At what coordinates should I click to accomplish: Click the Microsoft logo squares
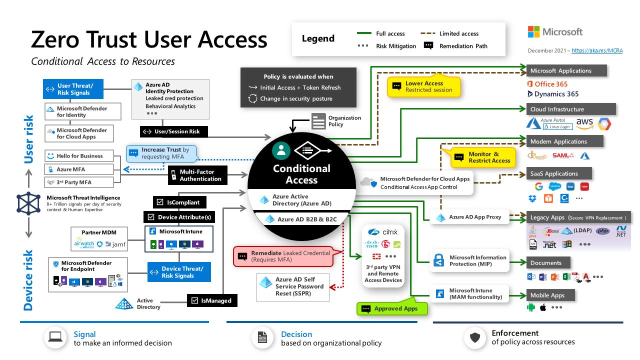click(x=533, y=32)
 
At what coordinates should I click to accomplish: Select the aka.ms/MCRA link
click(x=597, y=50)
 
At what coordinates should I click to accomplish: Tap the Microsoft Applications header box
click(x=566, y=71)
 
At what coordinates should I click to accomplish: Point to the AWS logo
click(x=584, y=123)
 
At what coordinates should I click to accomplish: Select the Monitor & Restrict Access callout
click(x=483, y=157)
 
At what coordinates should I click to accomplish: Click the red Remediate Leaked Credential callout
click(x=282, y=256)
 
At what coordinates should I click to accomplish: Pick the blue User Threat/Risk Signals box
click(x=73, y=89)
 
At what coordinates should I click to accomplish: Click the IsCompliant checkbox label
click(x=178, y=202)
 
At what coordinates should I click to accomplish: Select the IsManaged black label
click(x=211, y=300)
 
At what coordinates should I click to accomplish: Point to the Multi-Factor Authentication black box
click(x=196, y=175)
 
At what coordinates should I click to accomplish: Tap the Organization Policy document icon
click(x=318, y=121)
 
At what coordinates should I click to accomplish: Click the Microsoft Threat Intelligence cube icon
click(x=28, y=203)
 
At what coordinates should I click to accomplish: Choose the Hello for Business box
click(x=82, y=156)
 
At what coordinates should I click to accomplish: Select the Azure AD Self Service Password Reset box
click(x=293, y=286)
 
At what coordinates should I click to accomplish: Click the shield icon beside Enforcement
click(x=475, y=338)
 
